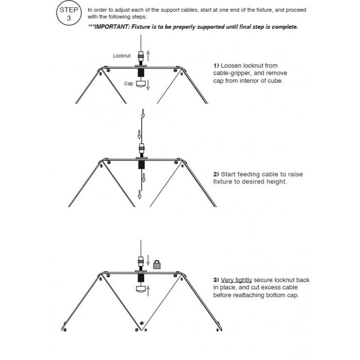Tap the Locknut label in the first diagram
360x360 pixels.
tap(122, 56)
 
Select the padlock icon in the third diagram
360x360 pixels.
tap(157, 265)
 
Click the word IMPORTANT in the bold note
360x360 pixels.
tap(111, 27)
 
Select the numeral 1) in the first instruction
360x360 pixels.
tap(216, 65)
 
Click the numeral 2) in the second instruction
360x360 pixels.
tap(216, 174)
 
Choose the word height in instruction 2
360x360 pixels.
tap(275, 182)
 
